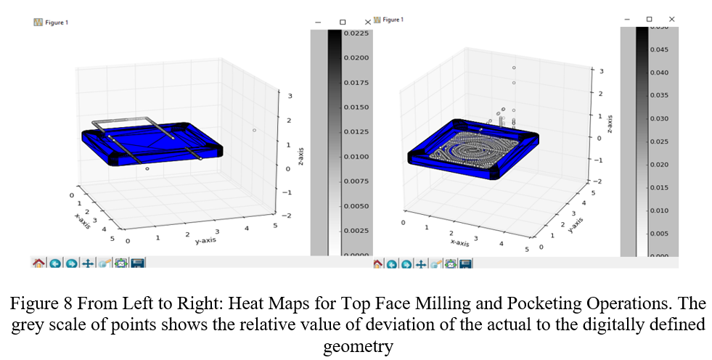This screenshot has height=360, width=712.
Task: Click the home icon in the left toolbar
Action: point(39,263)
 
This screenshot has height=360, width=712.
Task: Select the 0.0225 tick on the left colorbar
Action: point(357,33)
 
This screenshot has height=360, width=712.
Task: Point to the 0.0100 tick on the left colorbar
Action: point(357,157)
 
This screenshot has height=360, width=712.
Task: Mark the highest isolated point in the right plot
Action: point(514,67)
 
